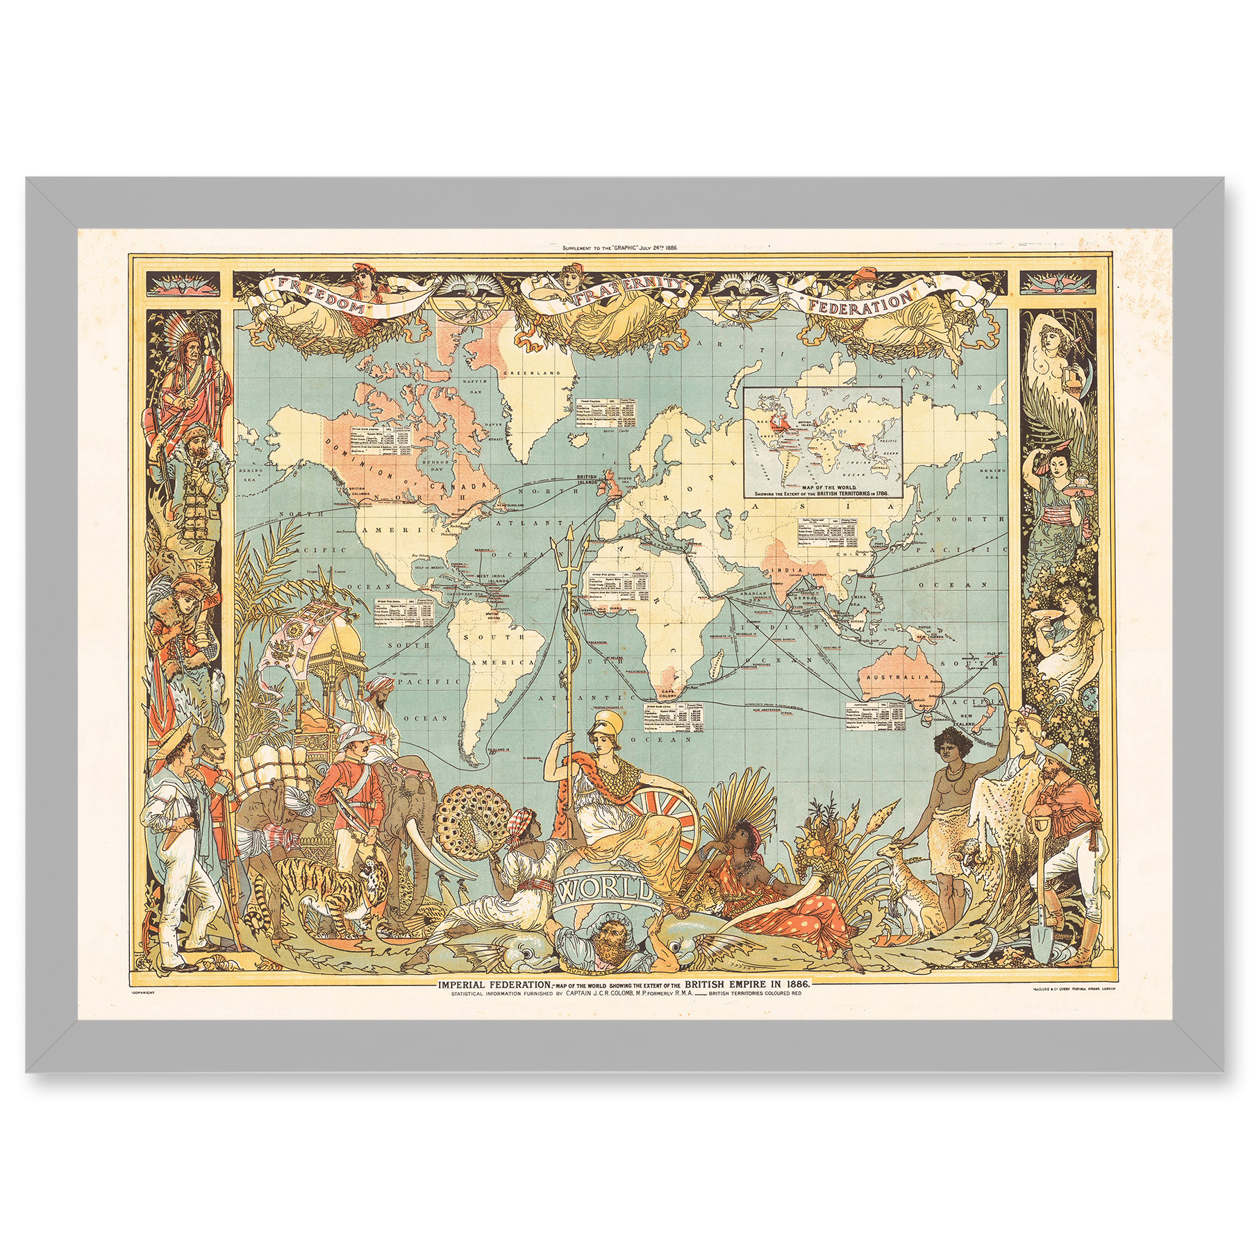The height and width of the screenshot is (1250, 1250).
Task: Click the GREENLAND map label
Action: click(541, 373)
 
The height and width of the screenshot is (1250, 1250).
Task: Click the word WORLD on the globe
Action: click(606, 889)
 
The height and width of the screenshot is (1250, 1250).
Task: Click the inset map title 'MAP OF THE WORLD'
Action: click(822, 487)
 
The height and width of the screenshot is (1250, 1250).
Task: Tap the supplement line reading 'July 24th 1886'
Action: click(653, 247)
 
